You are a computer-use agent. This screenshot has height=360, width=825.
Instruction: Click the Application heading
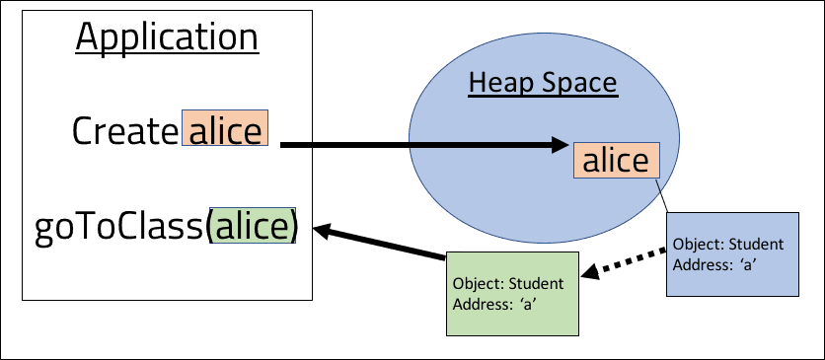pos(167,38)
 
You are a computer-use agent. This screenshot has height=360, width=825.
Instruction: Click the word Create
pos(125,131)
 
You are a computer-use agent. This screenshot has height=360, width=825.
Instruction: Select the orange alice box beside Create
pos(227,130)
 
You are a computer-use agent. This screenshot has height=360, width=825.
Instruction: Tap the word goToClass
pos(118,227)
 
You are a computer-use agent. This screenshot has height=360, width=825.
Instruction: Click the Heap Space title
pos(542,83)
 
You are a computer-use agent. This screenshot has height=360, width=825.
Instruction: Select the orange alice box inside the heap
pos(617,161)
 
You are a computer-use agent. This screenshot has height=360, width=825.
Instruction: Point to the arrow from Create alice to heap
pos(424,147)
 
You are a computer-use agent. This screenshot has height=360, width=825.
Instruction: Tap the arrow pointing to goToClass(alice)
pos(380,243)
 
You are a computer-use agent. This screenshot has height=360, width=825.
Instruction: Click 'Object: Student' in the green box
pos(507,284)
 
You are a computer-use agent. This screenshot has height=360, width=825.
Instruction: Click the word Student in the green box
pos(536,284)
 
